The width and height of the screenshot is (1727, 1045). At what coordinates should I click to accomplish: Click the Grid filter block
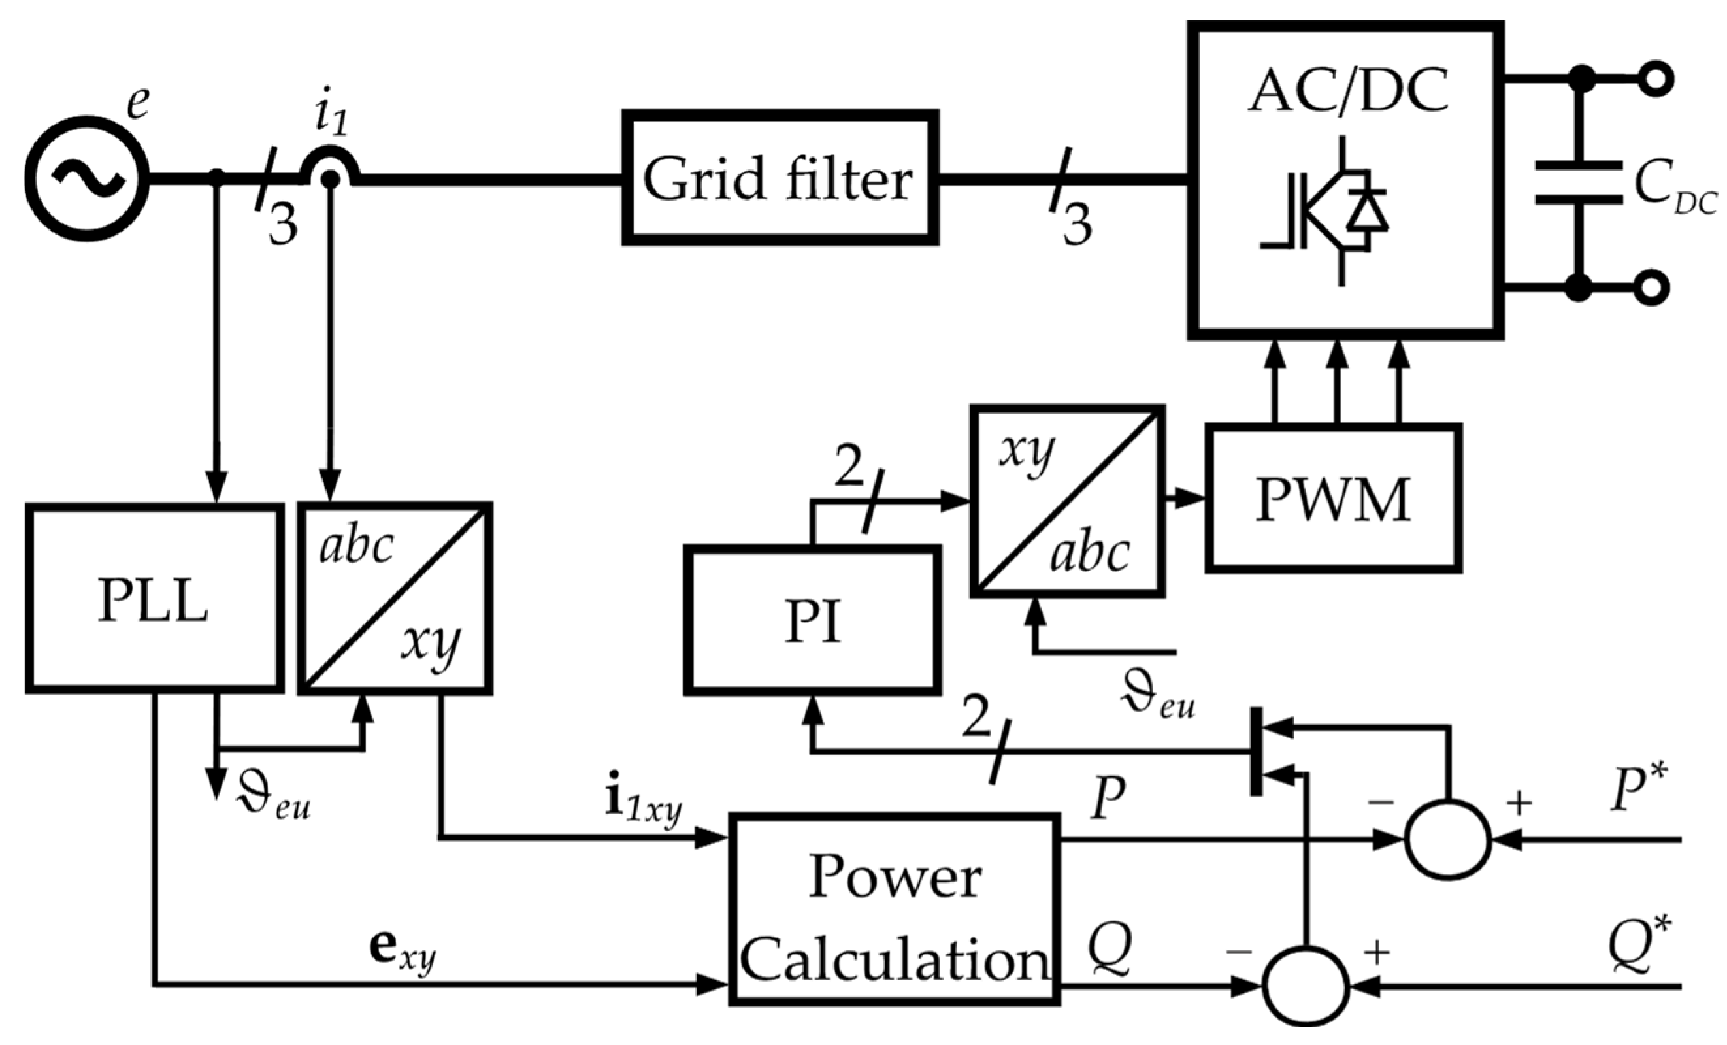pos(780,178)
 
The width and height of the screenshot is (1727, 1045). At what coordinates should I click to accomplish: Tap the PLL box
pos(154,598)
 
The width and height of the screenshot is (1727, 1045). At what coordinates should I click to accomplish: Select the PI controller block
pos(812,620)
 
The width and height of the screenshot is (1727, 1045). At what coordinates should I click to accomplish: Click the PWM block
pos(1333,497)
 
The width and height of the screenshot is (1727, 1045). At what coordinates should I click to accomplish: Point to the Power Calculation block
pos(894,910)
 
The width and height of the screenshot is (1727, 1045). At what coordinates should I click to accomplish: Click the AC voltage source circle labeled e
pos(87,178)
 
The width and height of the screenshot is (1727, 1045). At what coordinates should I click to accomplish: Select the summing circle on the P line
pos(1447,839)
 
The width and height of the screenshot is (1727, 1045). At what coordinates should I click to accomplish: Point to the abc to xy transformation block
pos(395,598)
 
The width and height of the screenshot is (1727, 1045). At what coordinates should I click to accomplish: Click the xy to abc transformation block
pos(1067,501)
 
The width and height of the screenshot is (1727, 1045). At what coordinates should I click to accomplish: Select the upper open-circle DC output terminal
pos(1656,79)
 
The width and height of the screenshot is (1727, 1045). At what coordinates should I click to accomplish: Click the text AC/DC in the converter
pos(1347,91)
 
